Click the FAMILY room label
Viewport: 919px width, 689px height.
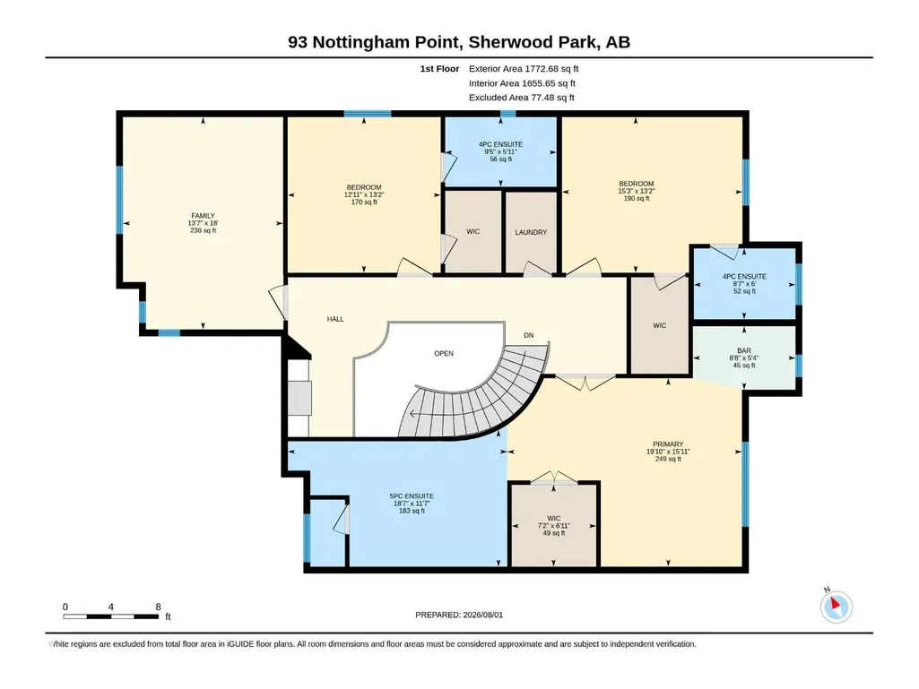[203, 216]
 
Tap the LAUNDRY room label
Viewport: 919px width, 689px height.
[531, 233]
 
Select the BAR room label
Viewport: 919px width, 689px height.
[744, 350]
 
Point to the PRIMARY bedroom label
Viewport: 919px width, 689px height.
[668, 444]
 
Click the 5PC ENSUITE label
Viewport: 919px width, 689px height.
[412, 496]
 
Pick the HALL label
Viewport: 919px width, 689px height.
[335, 319]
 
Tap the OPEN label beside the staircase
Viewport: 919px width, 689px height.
[444, 353]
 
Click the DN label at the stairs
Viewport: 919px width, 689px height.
[529, 335]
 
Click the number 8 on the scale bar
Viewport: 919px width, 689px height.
[158, 607]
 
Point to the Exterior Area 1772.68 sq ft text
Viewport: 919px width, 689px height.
[524, 69]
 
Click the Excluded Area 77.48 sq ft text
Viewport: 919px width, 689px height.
[522, 98]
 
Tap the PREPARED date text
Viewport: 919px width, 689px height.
[459, 615]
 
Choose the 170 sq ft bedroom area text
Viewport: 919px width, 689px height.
[364, 202]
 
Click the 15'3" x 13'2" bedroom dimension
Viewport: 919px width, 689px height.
[636, 191]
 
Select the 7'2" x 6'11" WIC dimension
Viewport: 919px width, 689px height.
[554, 526]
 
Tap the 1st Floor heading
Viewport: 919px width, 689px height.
[439, 69]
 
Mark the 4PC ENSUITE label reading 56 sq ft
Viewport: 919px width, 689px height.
[500, 144]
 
